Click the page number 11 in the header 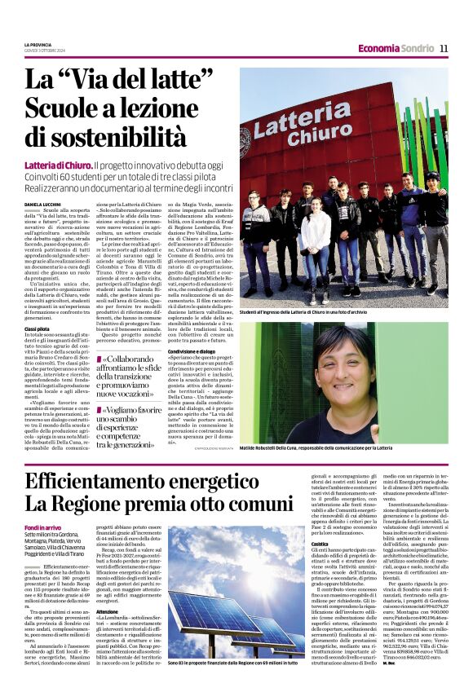444,48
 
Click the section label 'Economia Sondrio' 396,48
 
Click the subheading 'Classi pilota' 37,328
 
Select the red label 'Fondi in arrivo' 42,529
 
